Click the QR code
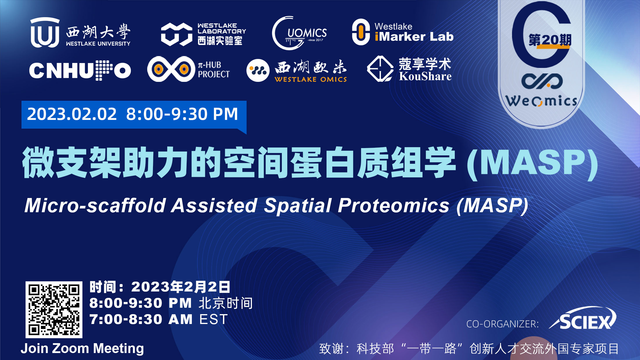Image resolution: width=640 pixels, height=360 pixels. [x=54, y=309]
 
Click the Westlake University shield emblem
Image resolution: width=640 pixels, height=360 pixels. [x=45, y=32]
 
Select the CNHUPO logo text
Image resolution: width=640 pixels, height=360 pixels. [x=80, y=70]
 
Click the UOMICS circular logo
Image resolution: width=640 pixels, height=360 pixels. [x=300, y=33]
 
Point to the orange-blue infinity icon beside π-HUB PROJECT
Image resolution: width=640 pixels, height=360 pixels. [x=171, y=69]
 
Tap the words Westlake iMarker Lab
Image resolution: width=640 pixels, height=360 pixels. [x=414, y=32]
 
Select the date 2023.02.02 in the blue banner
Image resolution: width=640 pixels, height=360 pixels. [x=72, y=114]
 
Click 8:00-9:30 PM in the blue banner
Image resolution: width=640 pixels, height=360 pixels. [x=182, y=114]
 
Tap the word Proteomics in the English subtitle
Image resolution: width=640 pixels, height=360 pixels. [x=394, y=206]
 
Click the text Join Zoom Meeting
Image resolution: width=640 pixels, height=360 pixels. [x=82, y=348]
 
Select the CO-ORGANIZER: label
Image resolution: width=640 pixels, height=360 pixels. [x=502, y=324]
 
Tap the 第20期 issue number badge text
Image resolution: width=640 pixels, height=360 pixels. [x=550, y=40]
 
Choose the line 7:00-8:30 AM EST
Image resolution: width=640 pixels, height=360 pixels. [x=158, y=319]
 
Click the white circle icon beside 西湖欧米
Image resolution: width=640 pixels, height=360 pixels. [x=258, y=70]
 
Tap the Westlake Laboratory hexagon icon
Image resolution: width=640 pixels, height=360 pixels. [x=176, y=34]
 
